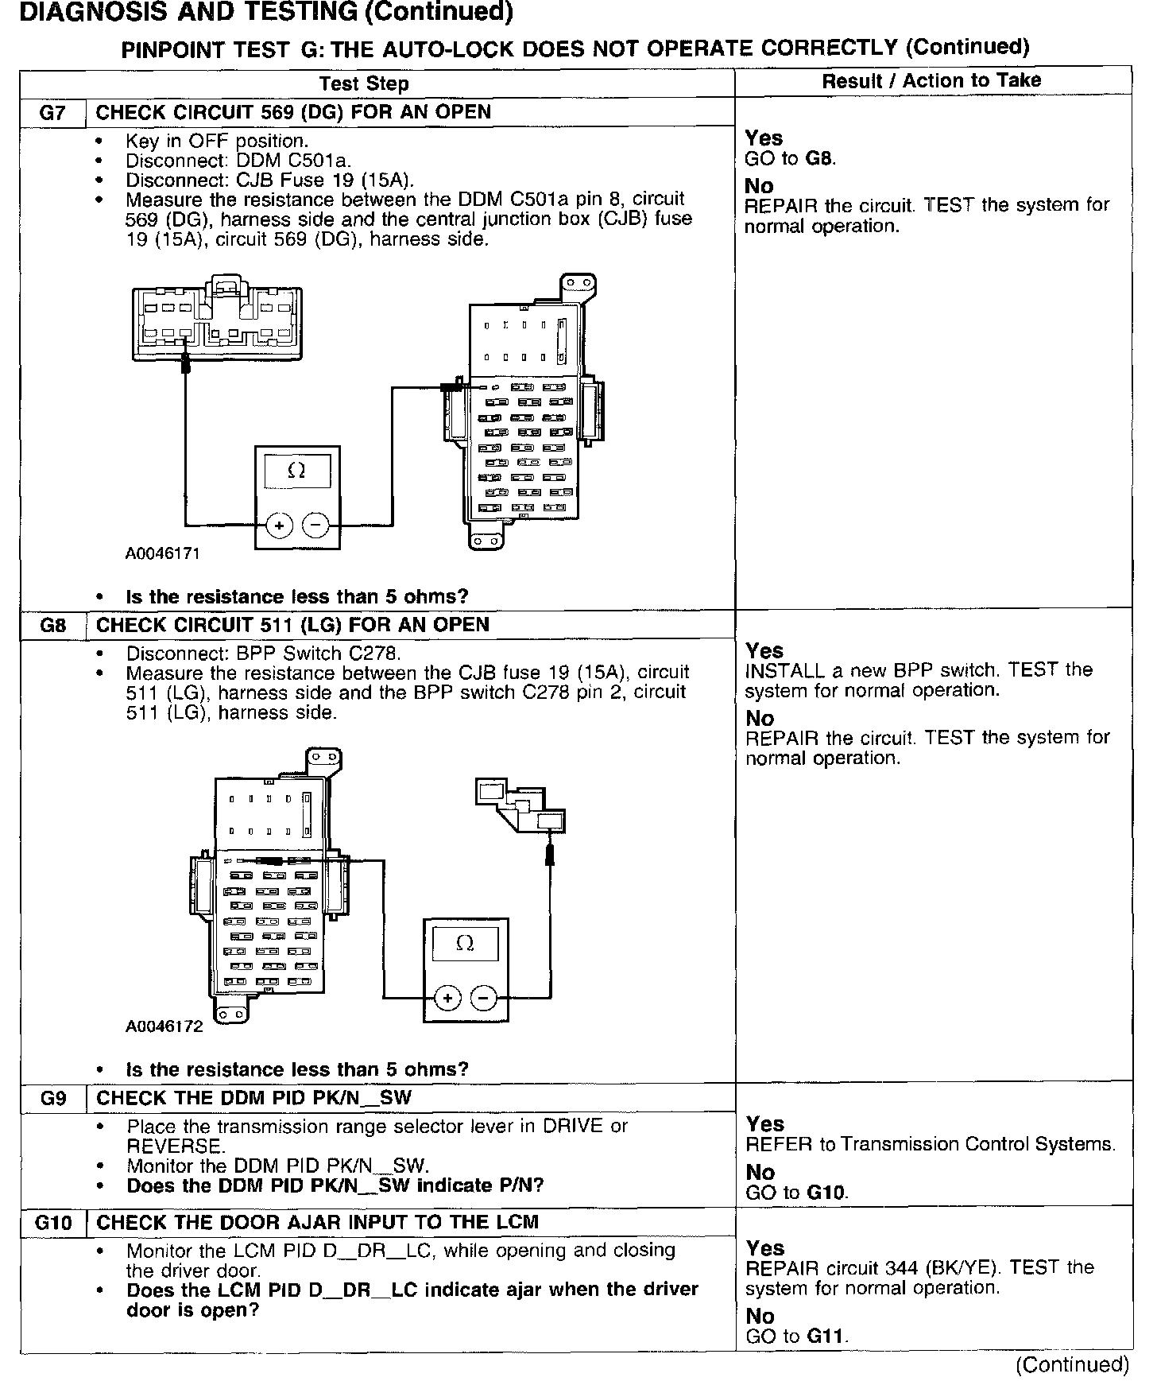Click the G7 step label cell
52,112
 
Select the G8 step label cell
52,625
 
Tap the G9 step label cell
52,1099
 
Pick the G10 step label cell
52,1223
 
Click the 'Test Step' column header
364,83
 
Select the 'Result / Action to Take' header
931,80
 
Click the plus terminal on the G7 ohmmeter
280,526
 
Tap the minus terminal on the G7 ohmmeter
315,526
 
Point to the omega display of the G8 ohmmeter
466,944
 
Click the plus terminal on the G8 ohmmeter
448,998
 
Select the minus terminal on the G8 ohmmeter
483,998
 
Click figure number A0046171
162,553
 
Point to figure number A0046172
164,1026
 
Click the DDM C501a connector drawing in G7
217,318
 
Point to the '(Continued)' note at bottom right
1072,1364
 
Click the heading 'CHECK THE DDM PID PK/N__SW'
254,1099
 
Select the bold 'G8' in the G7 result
819,158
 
